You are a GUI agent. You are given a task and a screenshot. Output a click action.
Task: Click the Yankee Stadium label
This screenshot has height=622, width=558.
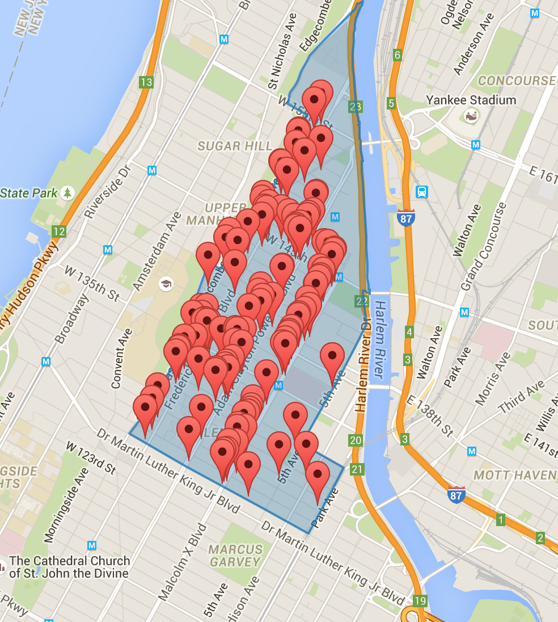click(x=471, y=100)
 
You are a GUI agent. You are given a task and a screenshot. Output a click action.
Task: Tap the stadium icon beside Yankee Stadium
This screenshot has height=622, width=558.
click(x=470, y=116)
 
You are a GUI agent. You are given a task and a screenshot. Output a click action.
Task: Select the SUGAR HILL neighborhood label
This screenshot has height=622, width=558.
click(x=235, y=146)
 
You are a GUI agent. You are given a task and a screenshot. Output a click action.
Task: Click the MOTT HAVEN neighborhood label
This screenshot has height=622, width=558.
click(x=515, y=474)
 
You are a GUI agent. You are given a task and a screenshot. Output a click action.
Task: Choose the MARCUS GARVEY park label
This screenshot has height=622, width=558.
click(x=235, y=556)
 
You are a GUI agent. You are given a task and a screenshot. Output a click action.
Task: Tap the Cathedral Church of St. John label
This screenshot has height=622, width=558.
click(x=70, y=566)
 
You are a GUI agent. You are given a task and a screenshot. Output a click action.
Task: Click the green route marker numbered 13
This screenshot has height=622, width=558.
click(x=146, y=82)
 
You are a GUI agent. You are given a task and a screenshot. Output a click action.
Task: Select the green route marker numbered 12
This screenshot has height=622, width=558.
click(x=58, y=231)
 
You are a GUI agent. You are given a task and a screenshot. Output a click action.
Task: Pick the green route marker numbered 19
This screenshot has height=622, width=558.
click(x=420, y=600)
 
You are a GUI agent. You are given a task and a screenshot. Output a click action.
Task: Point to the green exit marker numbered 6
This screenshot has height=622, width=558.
click(x=398, y=55)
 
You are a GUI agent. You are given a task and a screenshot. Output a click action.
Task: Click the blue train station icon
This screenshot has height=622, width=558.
click(x=421, y=192)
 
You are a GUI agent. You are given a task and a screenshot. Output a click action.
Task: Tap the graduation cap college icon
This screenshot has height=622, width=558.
click(x=166, y=283)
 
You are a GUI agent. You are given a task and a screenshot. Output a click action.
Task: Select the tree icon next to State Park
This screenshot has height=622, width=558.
click(x=68, y=193)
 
